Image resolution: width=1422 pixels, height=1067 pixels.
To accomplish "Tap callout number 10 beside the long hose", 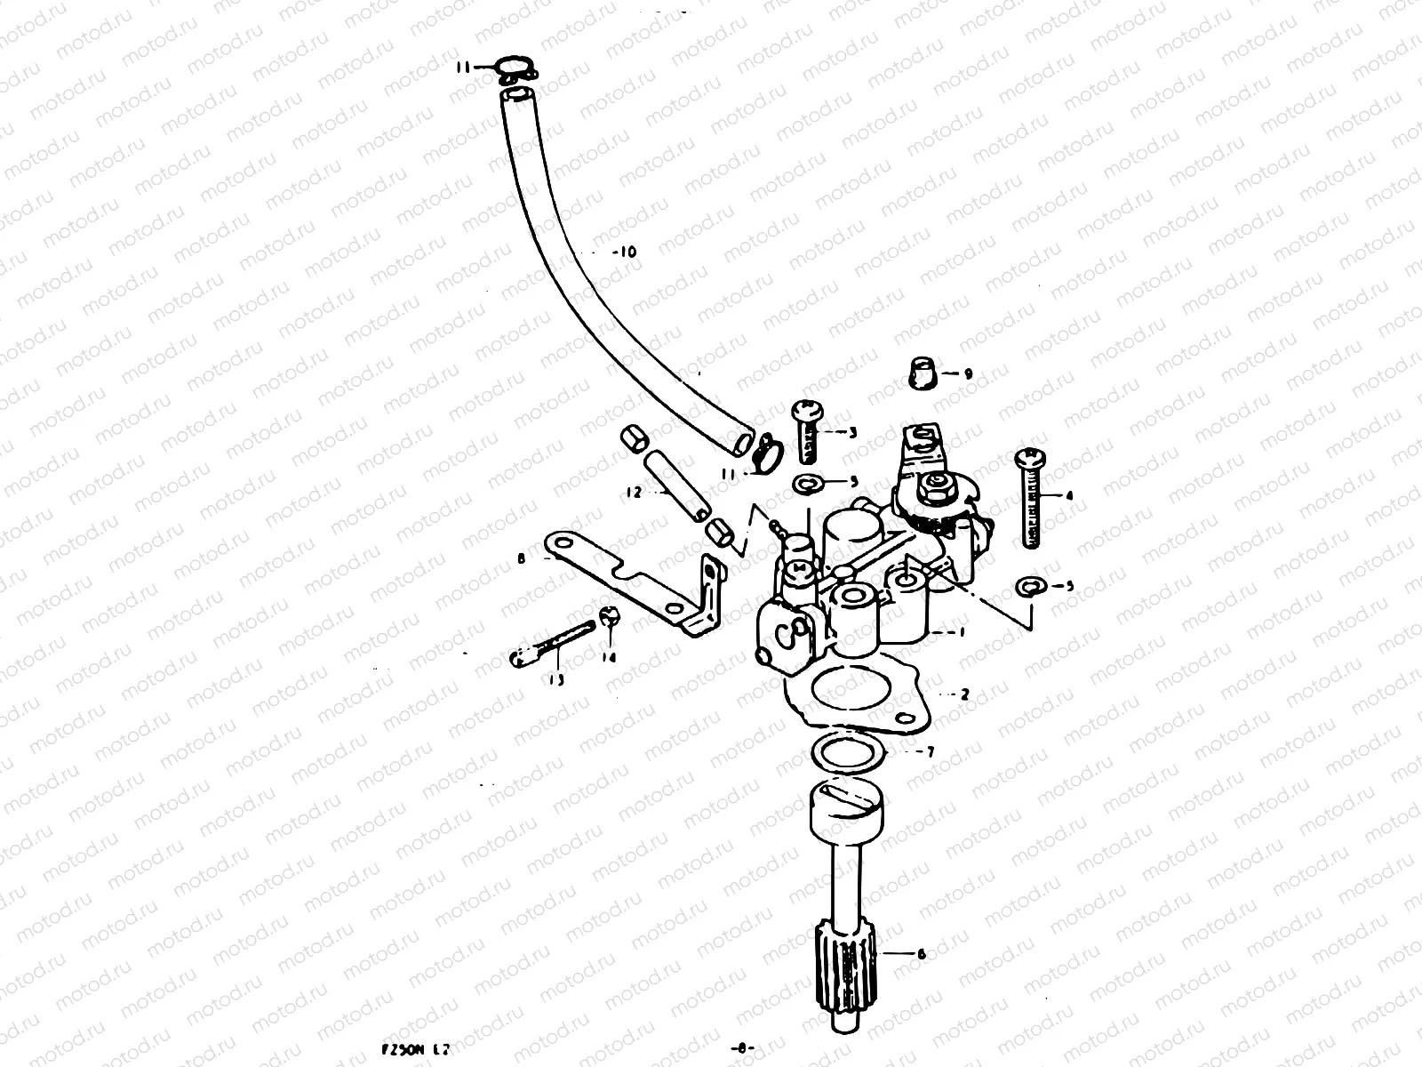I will pos(625,253).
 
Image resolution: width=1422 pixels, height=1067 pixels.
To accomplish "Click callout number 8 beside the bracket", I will pos(521,559).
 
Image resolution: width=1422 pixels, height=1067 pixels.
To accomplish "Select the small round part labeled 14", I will pos(609,615).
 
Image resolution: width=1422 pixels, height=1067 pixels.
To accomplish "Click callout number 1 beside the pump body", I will pos(959,632).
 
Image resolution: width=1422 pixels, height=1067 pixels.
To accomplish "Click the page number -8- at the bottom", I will pos(739,1049).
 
